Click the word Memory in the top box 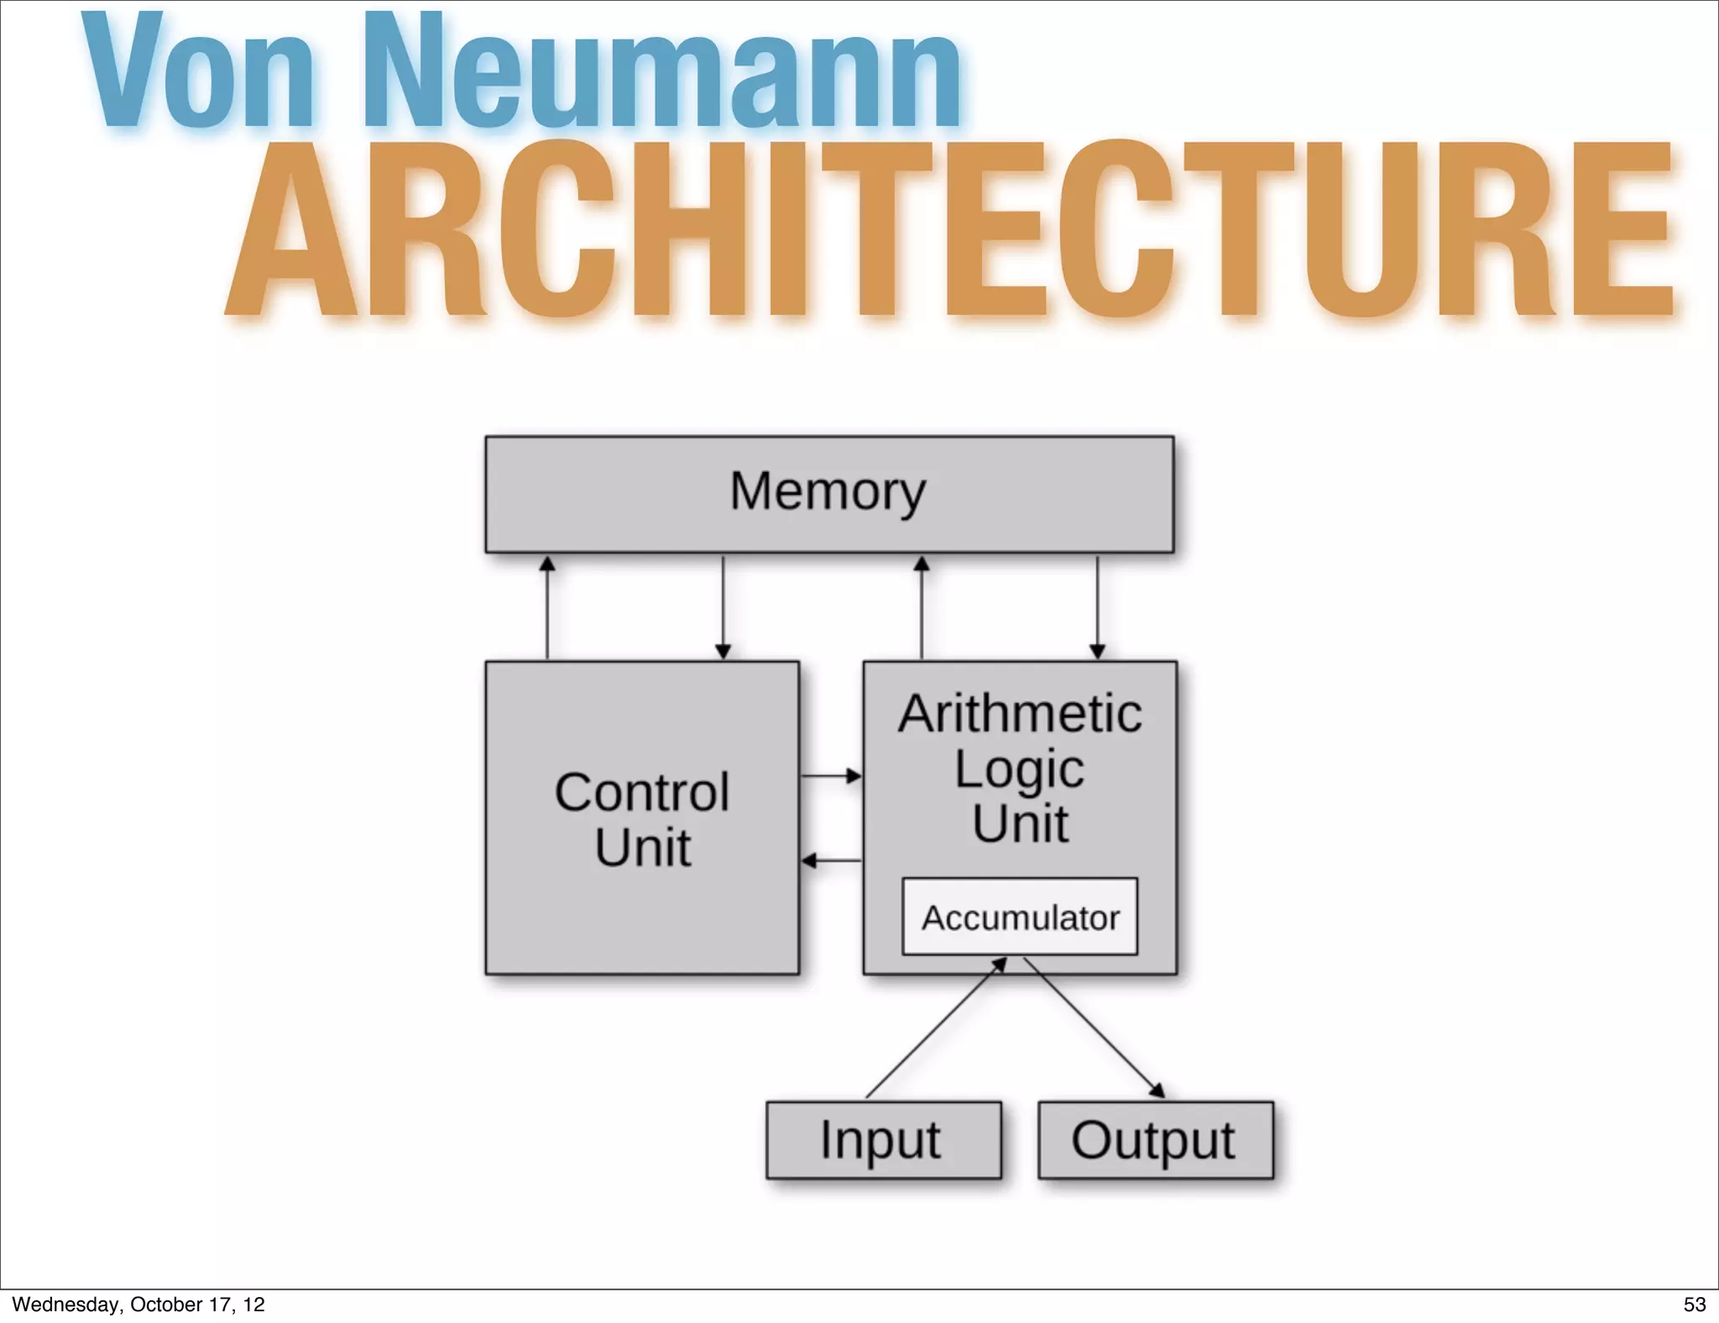(828, 491)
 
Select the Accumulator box (1020, 917)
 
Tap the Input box (883, 1140)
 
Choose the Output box (1155, 1140)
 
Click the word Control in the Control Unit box (642, 792)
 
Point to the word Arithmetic (1020, 714)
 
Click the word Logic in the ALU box (1019, 768)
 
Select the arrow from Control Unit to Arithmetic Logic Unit (831, 776)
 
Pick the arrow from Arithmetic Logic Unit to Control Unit (831, 860)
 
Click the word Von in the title (198, 74)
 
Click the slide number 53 (1694, 1305)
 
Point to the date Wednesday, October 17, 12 (138, 1305)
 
